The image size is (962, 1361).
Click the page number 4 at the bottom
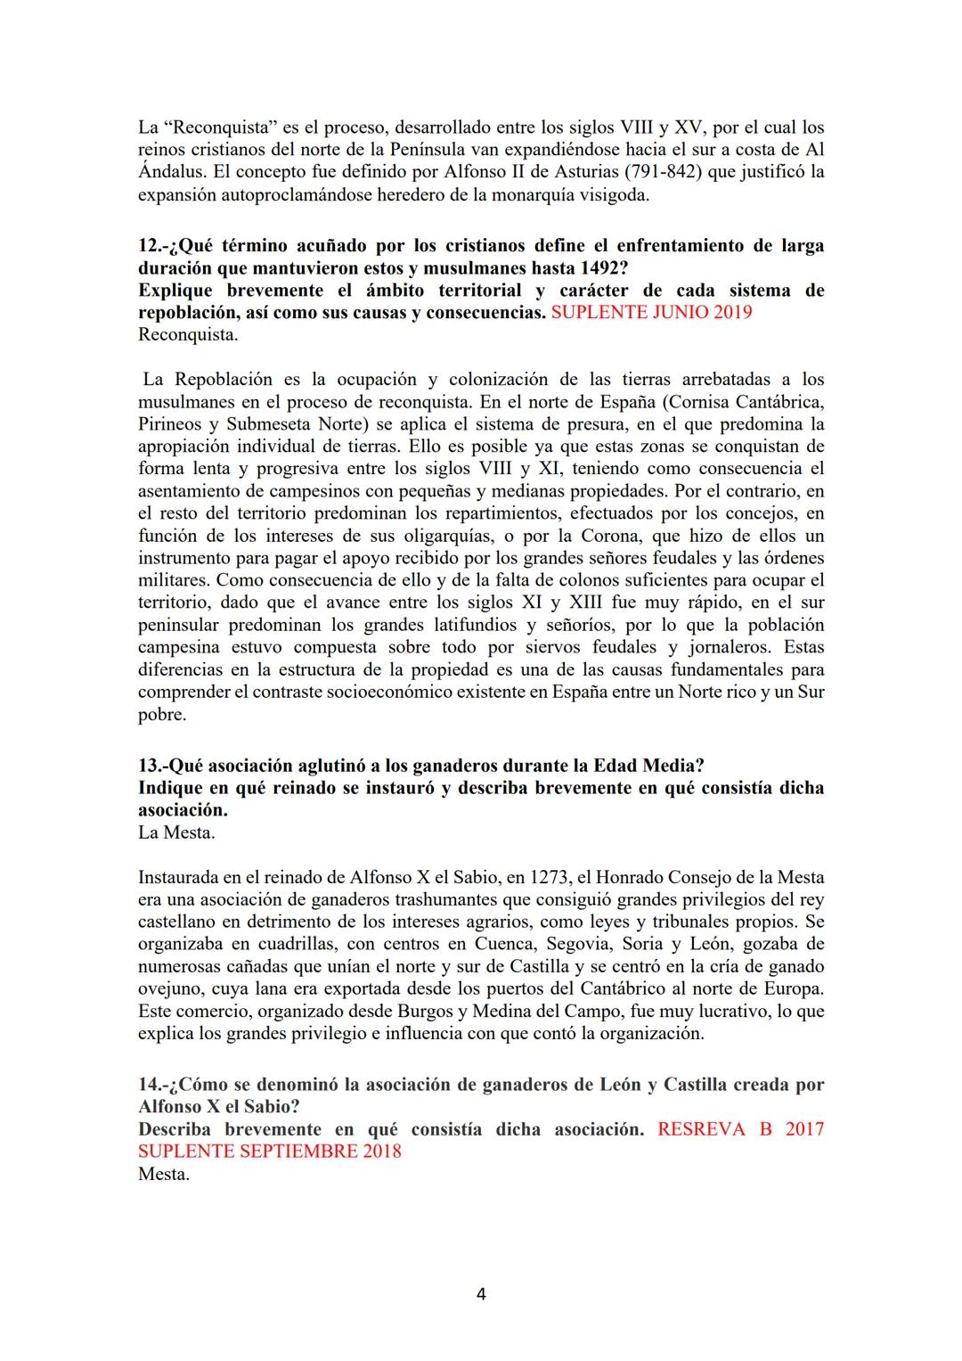tap(481, 1293)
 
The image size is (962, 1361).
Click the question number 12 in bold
tap(151, 246)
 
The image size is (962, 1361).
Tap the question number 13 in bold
tap(151, 766)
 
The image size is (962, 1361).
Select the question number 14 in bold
tap(151, 1085)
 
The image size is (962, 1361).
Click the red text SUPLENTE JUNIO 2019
tap(651, 313)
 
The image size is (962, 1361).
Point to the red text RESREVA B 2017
tap(740, 1129)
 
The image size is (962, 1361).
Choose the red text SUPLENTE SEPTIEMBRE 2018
tap(269, 1152)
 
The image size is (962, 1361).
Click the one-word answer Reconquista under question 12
tap(188, 335)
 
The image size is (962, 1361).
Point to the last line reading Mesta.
tap(164, 1174)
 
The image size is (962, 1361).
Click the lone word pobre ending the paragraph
tap(161, 715)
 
